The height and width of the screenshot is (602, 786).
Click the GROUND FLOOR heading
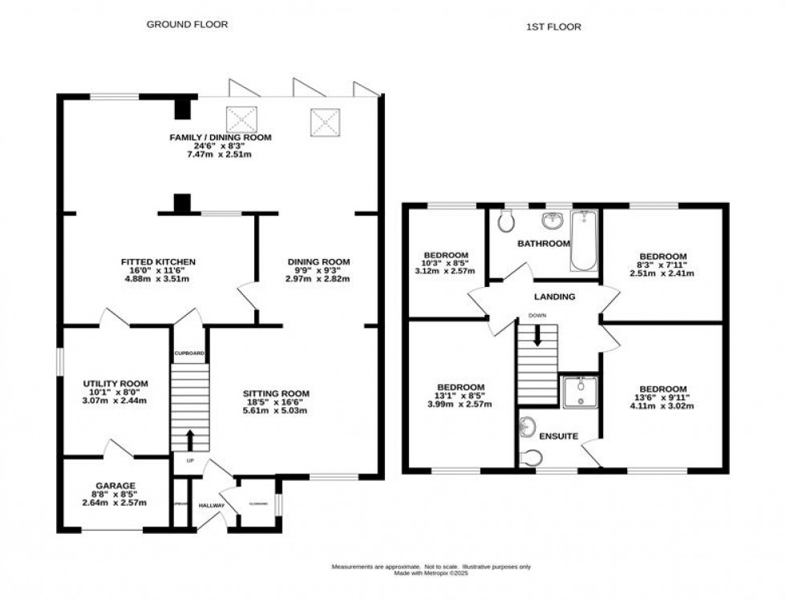tap(187, 24)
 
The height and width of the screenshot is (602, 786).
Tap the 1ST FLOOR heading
tap(554, 26)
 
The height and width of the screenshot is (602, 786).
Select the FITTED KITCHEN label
tap(158, 262)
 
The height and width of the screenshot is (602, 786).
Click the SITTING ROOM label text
tap(277, 393)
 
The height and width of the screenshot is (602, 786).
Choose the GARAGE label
tap(116, 485)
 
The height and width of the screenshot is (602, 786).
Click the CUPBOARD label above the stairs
tap(189, 354)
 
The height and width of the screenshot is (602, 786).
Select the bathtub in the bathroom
tap(583, 240)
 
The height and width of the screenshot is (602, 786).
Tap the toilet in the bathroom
tap(506, 220)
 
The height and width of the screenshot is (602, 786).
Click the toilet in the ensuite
tap(530, 458)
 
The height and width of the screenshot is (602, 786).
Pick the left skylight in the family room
tap(241, 119)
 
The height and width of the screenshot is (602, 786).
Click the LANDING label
tap(554, 297)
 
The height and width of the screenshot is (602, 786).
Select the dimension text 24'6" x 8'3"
tap(220, 146)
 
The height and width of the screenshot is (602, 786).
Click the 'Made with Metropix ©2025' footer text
tap(431, 573)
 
